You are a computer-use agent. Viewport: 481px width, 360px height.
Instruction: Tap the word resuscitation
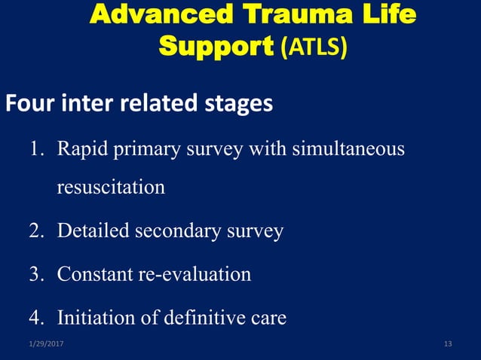click(x=111, y=187)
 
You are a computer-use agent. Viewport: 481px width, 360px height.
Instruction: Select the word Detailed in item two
click(x=93, y=230)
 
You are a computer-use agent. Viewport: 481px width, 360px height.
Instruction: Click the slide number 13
click(x=448, y=344)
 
